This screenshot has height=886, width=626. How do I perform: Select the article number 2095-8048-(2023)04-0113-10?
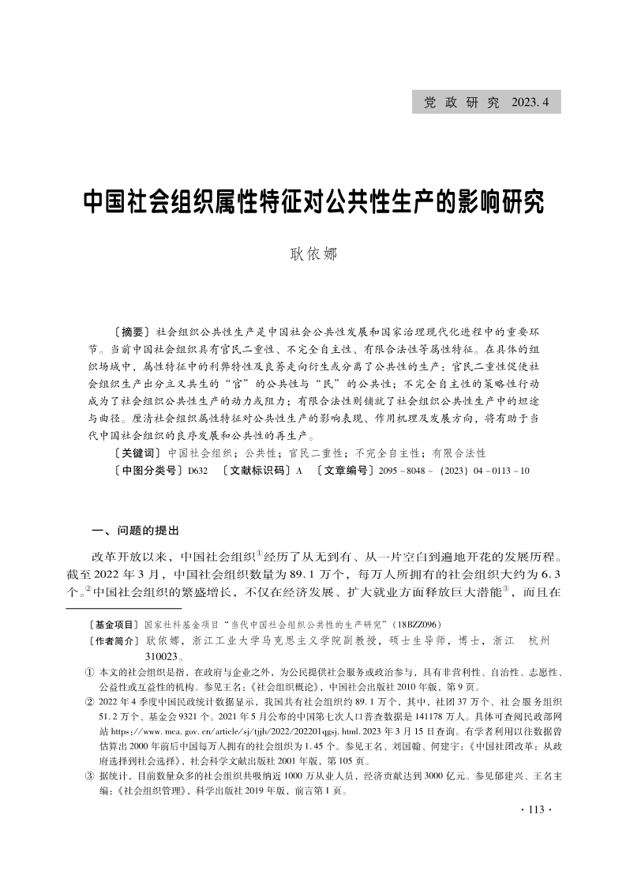click(455, 471)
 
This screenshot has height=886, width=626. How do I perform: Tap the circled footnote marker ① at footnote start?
click(88, 672)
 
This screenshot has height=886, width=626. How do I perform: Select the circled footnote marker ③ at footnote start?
click(88, 776)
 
